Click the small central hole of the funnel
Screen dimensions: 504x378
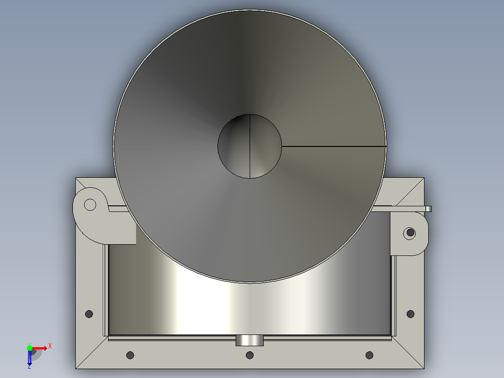point(250,146)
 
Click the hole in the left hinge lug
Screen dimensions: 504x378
point(90,204)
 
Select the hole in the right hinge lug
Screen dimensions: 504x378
point(410,232)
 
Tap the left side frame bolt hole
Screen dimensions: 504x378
point(89,314)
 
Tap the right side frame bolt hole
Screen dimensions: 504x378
point(410,314)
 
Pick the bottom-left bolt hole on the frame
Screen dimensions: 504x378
point(130,355)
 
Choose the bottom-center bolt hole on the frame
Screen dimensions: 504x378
point(250,355)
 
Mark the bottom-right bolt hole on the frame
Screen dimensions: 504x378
point(369,355)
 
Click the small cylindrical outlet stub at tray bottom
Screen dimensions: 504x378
point(250,341)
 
